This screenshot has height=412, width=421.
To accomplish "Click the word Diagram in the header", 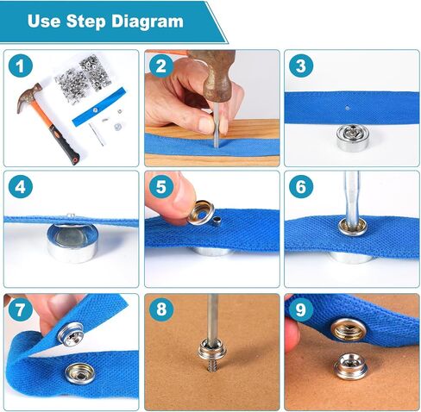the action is [148, 22].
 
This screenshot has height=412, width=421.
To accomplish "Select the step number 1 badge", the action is [21, 66].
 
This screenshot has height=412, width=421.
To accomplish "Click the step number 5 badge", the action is [161, 186].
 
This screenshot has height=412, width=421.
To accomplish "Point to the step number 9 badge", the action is [301, 309].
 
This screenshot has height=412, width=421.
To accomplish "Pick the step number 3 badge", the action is [301, 66].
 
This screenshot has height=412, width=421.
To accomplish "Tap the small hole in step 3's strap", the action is [348, 109].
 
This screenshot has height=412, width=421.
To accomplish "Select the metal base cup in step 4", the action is [72, 243].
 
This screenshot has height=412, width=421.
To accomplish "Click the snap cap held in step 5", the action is [201, 213].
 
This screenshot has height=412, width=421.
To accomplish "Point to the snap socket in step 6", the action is [353, 228].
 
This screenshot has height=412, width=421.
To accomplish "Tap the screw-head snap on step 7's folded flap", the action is [72, 334].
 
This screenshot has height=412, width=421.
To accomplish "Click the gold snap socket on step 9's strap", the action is [349, 328].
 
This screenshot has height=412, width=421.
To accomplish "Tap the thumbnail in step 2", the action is [206, 124].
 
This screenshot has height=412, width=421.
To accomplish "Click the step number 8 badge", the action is [161, 309].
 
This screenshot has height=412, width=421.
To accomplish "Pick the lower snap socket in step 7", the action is [79, 373].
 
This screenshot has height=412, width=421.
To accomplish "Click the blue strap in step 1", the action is [99, 107].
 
